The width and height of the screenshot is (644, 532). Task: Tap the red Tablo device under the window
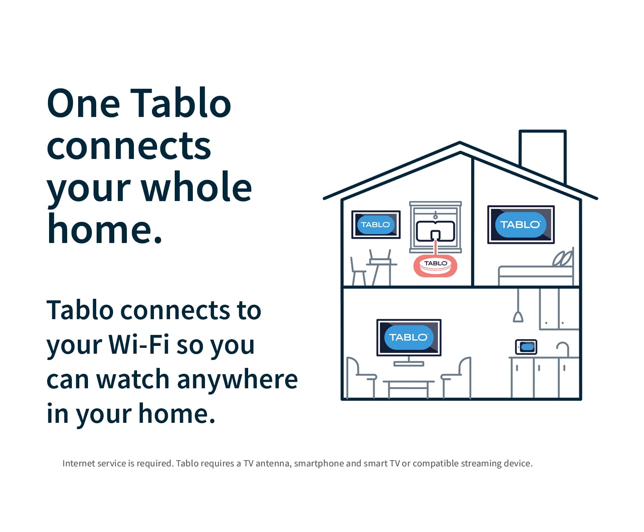[435, 266]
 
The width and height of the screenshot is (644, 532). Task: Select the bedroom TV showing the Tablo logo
[521, 225]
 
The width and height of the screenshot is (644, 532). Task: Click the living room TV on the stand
[409, 337]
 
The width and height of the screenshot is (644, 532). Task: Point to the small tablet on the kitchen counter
[526, 347]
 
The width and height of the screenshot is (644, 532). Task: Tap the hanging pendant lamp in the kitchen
[518, 316]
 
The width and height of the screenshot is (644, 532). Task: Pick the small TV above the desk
[376, 225]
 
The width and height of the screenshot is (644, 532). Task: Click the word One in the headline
[83, 104]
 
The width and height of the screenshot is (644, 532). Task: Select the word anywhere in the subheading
[237, 379]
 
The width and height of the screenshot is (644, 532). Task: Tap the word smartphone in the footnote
[319, 463]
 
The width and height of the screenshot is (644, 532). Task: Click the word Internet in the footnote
[78, 463]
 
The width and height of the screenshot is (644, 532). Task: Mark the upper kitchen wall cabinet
[558, 309]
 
